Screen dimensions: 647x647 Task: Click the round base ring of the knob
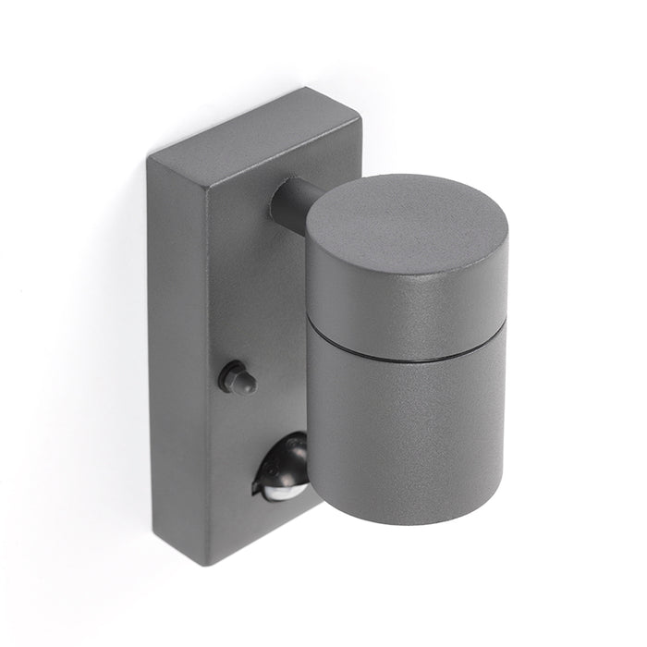(x=226, y=377)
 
